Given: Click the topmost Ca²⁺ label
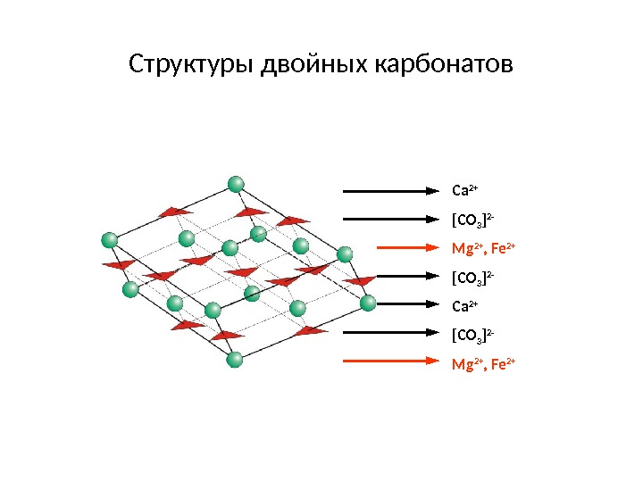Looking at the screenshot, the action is (465, 190).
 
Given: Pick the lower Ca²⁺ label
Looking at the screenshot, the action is (465, 307).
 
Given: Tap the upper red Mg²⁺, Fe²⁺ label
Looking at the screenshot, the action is (484, 248).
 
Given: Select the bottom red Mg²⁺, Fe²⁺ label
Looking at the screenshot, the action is (484, 364).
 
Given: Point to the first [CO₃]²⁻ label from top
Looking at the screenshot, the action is (474, 220).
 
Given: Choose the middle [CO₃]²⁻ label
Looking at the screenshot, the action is (474, 278).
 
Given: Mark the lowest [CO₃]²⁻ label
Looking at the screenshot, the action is (474, 336).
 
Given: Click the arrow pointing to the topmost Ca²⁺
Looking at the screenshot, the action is (393, 190).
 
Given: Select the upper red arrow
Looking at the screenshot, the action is (393, 248).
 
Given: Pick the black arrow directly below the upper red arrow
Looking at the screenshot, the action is (393, 277).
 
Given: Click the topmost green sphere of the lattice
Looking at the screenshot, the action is (236, 185).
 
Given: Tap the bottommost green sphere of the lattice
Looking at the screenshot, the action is (235, 360).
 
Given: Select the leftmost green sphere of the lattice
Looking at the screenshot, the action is (110, 239).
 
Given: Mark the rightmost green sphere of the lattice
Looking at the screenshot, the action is (368, 303).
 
